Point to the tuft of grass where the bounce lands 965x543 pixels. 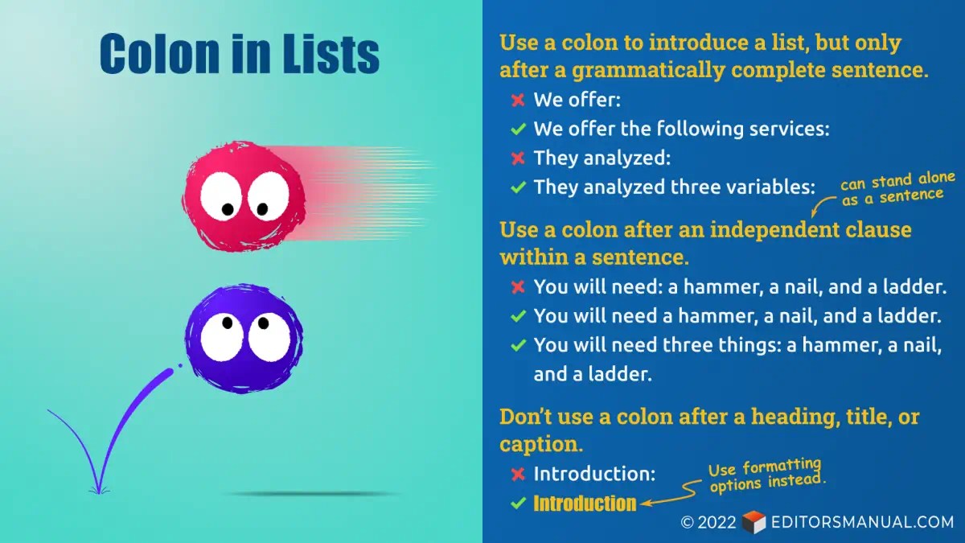[98, 487]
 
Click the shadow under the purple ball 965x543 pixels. [314, 493]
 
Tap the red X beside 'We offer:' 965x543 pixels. [518, 101]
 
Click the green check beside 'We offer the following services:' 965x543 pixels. [518, 129]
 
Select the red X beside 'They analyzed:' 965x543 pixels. [518, 158]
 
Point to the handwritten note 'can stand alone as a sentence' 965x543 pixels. [897, 189]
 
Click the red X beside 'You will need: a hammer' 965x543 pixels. [518, 287]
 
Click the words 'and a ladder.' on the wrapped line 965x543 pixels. [593, 374]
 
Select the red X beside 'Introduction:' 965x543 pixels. [518, 475]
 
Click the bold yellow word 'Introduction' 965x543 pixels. [585, 504]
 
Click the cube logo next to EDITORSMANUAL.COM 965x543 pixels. [754, 522]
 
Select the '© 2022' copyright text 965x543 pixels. [708, 522]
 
